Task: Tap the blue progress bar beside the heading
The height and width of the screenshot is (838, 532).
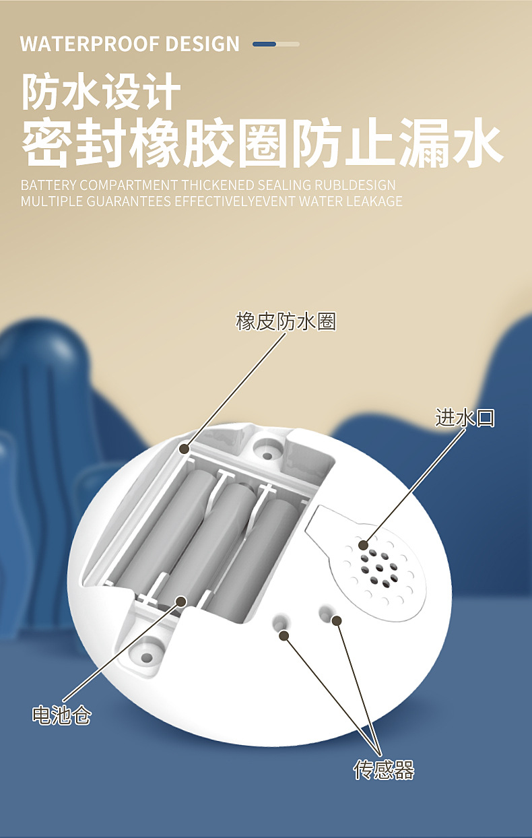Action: pos(276,44)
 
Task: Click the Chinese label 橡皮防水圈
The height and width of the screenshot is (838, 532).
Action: pos(286,322)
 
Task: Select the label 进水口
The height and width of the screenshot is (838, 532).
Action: pos(465,418)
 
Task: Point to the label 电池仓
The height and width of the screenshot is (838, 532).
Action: pos(61,715)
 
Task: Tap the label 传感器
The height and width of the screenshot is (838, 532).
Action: pos(384,770)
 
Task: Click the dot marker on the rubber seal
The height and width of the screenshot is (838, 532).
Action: pos(185,447)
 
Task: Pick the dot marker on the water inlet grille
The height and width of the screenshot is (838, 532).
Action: pos(364,545)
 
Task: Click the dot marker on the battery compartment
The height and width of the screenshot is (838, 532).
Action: pos(180,602)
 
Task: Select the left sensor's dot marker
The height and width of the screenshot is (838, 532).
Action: pos(284,635)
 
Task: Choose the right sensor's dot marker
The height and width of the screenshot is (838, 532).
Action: pos(337,620)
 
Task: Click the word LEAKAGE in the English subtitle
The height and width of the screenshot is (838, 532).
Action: pos(375,201)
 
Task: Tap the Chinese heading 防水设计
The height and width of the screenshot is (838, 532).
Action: pos(101,93)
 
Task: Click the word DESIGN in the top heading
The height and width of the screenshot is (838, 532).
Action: pos(202,44)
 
